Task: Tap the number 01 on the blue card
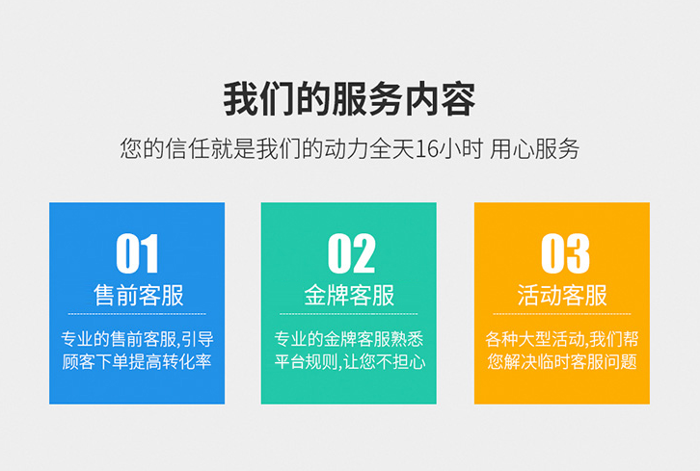137,253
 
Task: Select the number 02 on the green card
350,253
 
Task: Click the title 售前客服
137,295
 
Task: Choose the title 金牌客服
349,295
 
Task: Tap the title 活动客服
562,295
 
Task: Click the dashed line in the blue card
137,314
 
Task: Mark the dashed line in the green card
349,314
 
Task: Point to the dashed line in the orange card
562,314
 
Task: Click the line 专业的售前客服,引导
137,339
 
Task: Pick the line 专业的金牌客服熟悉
349,339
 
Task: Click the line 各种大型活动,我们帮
562,339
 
